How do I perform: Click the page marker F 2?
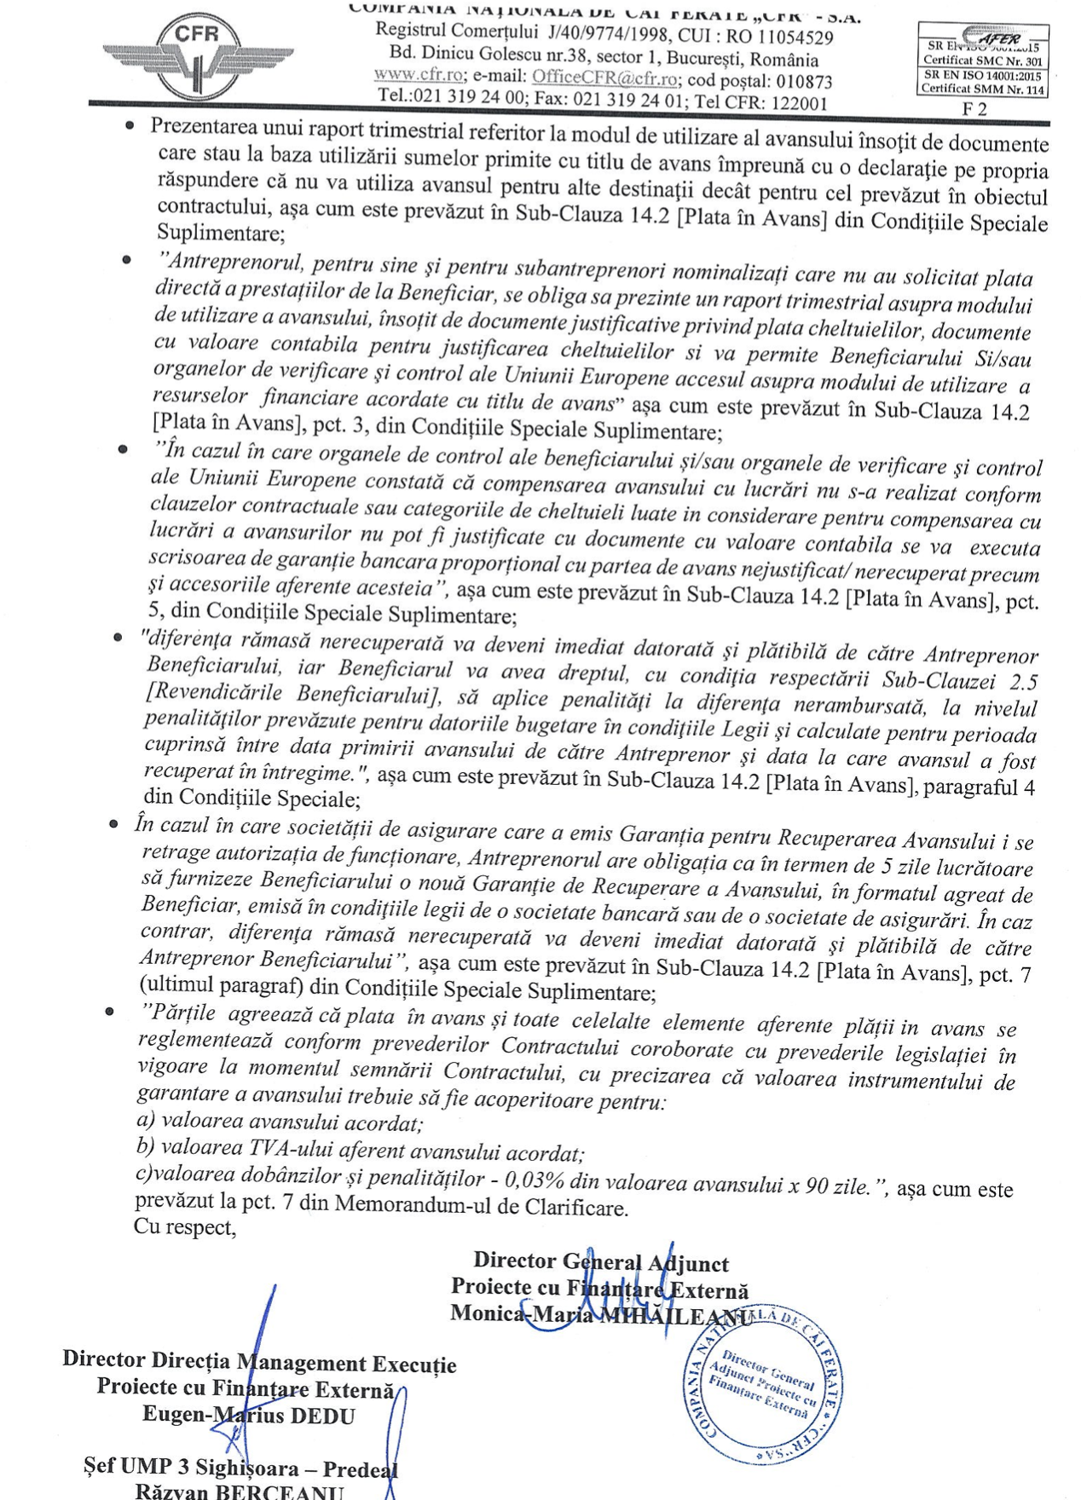coord(974,109)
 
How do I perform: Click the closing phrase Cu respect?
coord(184,1227)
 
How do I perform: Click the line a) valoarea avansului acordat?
coord(280,1123)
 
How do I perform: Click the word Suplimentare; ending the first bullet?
coord(221,234)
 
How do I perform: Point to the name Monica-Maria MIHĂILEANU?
coord(600,1315)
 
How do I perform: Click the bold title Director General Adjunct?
coord(601,1261)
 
